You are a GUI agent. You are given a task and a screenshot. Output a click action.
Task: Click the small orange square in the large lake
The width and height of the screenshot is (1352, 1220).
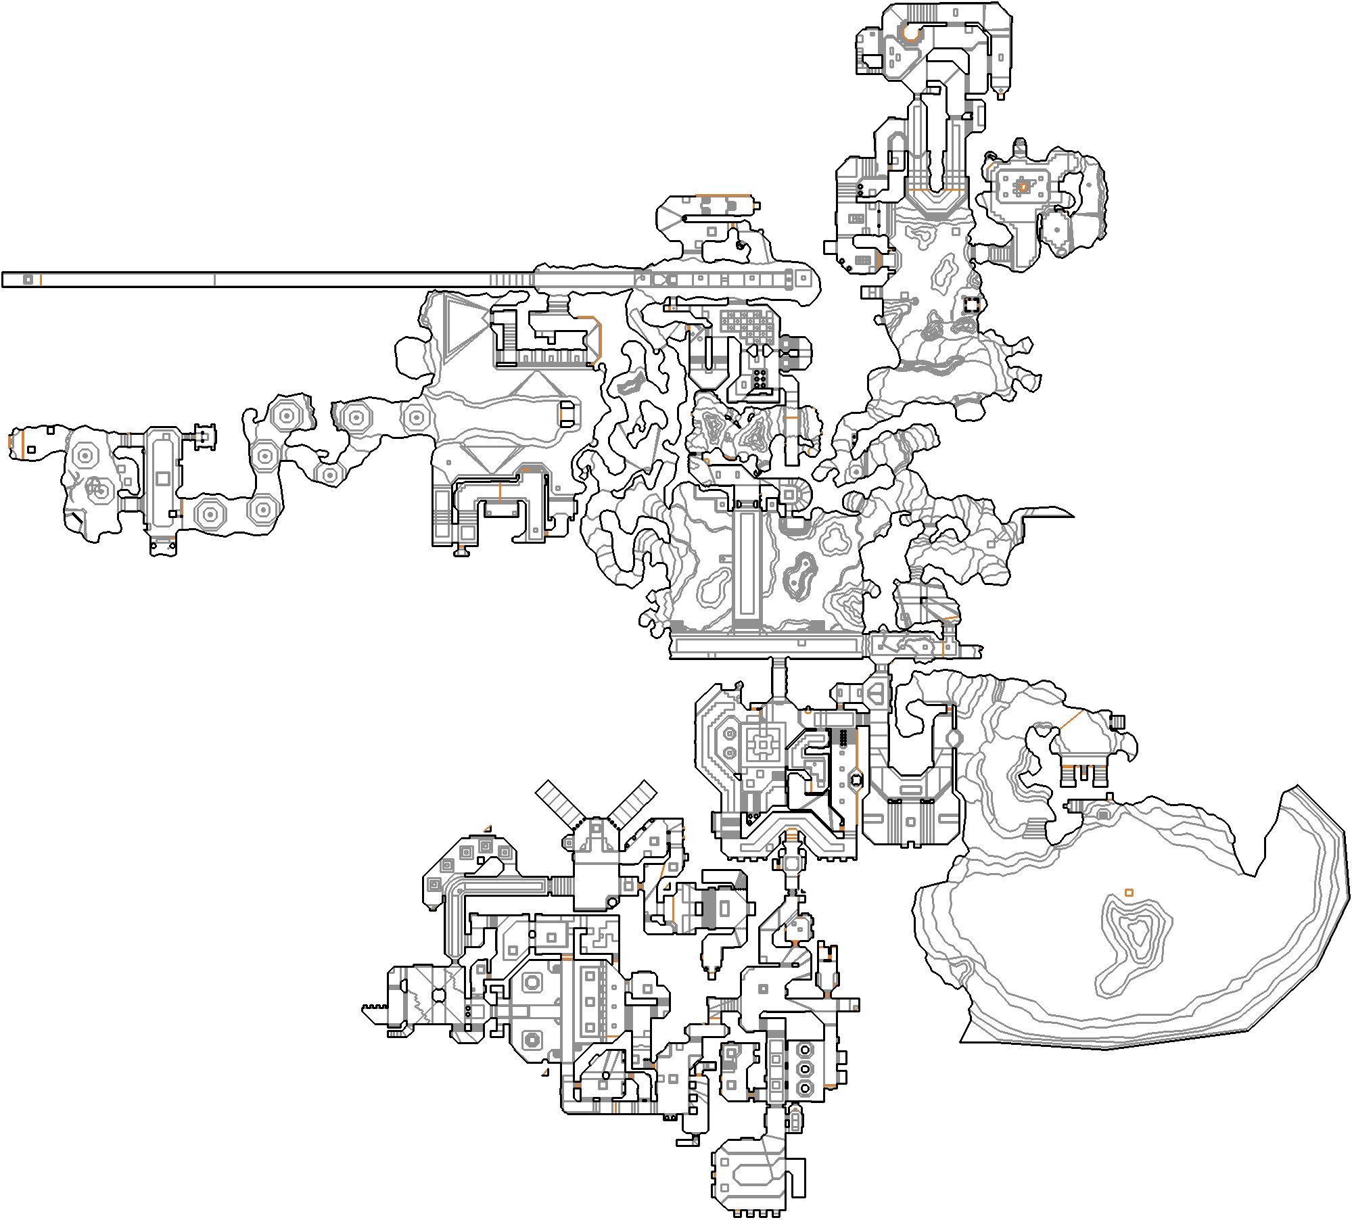click(x=1129, y=893)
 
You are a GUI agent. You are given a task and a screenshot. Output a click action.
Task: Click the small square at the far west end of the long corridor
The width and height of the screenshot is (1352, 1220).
click(x=28, y=279)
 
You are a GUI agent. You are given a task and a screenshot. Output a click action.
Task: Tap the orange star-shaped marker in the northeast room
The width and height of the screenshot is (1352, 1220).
click(x=1024, y=186)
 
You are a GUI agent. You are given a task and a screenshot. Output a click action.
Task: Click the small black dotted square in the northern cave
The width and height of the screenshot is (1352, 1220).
click(x=972, y=305)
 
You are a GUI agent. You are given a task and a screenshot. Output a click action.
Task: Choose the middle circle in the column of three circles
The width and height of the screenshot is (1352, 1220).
click(x=805, y=1069)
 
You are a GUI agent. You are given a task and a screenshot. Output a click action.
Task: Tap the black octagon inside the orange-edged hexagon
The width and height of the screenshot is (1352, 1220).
click(x=856, y=780)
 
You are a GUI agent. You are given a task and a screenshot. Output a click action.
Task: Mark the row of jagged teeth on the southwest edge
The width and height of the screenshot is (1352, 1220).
click(x=376, y=1007)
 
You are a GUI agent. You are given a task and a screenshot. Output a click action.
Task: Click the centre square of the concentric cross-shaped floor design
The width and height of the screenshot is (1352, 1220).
click(x=764, y=745)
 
